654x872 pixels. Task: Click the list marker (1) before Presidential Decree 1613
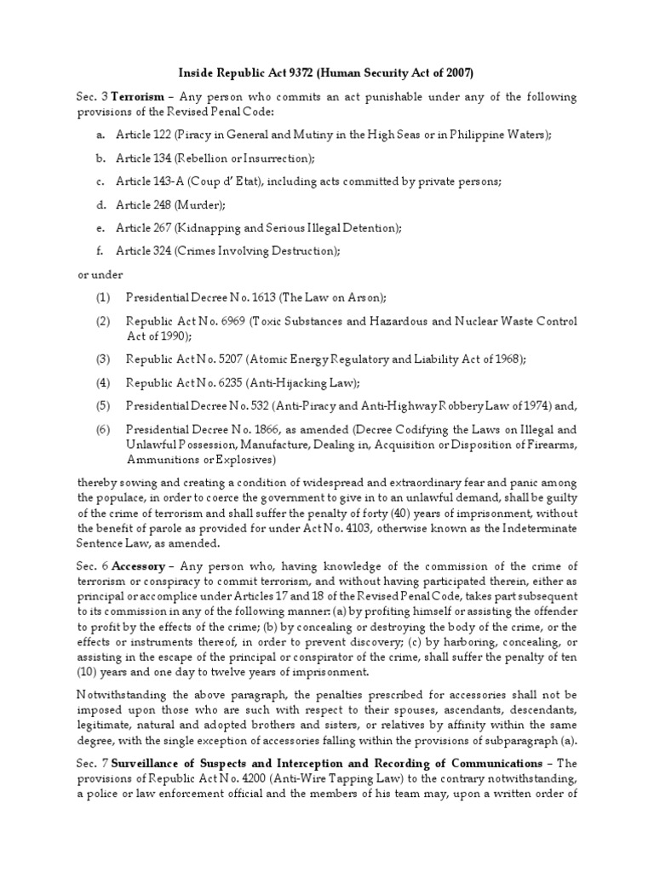coord(103,297)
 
